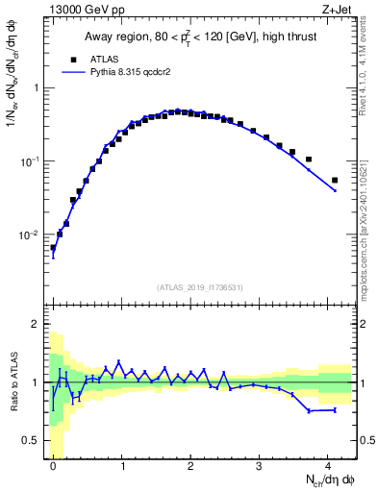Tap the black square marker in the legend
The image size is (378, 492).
point(73,58)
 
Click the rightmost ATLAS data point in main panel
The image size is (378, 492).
point(335,180)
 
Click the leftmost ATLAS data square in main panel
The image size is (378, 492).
point(53,247)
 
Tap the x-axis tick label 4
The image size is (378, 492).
point(328,465)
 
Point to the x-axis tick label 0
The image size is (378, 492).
point(53,465)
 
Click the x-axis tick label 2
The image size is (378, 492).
point(190,465)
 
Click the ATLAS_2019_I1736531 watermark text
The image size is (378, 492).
point(200,287)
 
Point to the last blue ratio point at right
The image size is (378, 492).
point(335,409)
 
